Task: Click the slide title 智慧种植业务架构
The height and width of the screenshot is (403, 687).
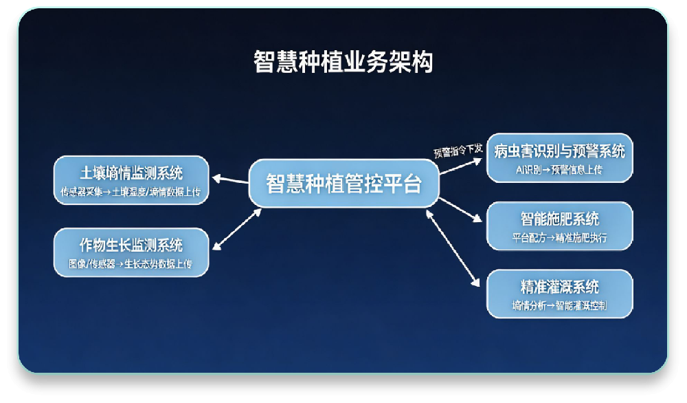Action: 343,63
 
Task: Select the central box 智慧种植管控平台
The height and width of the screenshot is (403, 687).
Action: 343,184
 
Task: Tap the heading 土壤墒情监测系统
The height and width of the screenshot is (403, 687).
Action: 131,171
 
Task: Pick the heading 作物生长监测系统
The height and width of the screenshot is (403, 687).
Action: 131,244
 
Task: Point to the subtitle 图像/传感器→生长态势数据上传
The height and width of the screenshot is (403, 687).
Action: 131,264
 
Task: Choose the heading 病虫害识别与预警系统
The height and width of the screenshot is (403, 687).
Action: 559,150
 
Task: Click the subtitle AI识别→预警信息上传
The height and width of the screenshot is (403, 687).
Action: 559,169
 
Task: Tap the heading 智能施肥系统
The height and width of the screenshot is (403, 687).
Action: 559,219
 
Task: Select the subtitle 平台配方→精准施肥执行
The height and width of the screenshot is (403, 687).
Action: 559,238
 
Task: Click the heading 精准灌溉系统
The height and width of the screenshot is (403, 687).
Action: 559,287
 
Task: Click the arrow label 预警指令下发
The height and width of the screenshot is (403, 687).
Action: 458,150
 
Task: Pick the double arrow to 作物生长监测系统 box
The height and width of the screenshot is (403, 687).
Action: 238,228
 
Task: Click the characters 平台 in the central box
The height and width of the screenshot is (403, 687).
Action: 401,184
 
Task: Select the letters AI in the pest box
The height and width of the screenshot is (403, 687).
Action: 520,169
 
